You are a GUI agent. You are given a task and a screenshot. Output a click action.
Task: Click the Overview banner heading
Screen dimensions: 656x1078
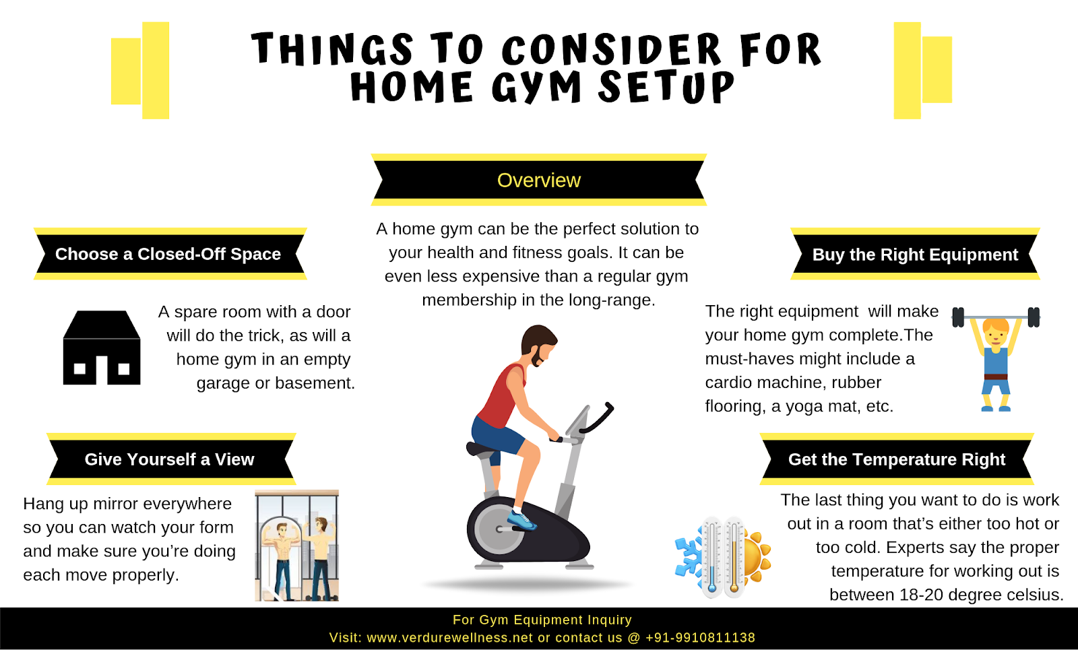(538, 181)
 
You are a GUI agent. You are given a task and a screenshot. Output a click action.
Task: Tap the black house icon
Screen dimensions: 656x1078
(101, 348)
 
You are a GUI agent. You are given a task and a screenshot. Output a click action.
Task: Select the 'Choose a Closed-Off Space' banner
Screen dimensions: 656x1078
(168, 254)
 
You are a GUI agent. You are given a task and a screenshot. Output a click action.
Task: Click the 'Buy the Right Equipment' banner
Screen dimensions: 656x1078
(914, 255)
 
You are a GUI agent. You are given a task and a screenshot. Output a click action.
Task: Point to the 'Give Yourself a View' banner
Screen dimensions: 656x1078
(169, 459)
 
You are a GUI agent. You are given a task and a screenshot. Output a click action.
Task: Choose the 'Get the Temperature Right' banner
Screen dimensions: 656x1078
(896, 459)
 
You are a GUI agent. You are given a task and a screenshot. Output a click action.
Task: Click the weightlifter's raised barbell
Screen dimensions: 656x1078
(996, 316)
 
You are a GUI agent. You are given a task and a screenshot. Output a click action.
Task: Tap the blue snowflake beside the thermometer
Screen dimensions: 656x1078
(689, 556)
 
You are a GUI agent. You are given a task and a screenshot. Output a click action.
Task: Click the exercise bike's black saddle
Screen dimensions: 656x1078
(484, 449)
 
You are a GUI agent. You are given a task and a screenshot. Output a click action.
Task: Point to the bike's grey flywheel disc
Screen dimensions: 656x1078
(498, 529)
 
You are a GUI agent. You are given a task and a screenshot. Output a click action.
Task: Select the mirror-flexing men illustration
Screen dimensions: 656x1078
(296, 546)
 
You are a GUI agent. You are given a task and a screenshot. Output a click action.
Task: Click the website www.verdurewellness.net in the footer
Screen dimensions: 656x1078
(449, 638)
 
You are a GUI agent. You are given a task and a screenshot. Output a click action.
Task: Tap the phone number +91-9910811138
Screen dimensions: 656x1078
(700, 638)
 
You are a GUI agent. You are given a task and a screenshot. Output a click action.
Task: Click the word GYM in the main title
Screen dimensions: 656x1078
(536, 88)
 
